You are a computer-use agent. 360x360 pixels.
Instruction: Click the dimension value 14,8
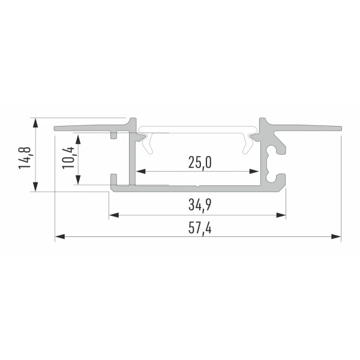[x=25, y=158]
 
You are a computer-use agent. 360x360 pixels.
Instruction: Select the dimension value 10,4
[x=68, y=158]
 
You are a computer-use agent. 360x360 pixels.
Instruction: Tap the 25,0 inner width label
[x=200, y=163]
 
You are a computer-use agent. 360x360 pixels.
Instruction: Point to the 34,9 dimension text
[x=200, y=205]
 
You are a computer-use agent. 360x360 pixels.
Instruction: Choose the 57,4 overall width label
[x=200, y=228]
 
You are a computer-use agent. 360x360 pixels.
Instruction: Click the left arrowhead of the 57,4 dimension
[x=60, y=236]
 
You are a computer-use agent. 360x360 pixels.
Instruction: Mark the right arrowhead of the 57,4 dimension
[x=336, y=236]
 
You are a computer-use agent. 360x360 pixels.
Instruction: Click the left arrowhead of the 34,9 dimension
[x=114, y=215]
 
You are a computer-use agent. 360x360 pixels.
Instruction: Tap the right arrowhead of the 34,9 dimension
[x=281, y=215]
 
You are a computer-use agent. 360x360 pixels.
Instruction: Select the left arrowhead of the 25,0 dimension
[x=141, y=171]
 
